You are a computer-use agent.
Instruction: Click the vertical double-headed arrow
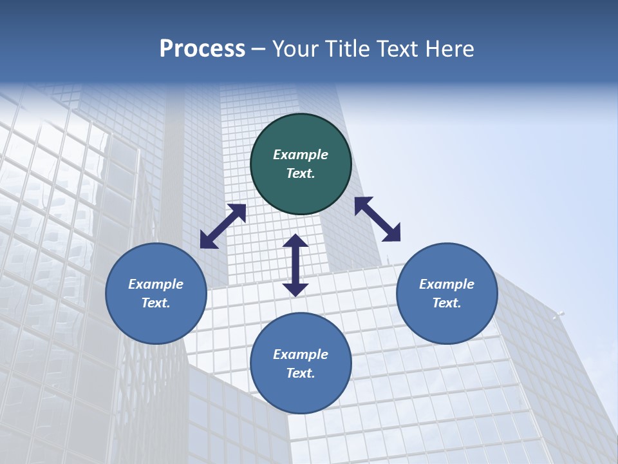(295, 265)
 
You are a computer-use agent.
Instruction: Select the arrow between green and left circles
(223, 226)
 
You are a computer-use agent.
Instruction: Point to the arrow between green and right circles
(378, 219)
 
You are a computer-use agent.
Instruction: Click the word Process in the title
(202, 49)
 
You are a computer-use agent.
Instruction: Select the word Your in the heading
(295, 49)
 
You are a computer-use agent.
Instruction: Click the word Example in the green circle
(301, 155)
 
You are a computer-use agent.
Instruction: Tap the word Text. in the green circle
(301, 173)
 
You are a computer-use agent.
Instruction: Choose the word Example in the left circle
(156, 284)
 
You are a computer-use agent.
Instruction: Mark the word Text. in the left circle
(156, 303)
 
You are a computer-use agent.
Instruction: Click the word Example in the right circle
(447, 284)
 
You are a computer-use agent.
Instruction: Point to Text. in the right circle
(447, 303)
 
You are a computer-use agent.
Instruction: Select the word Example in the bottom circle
(301, 354)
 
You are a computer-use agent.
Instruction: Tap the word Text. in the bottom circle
(301, 373)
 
